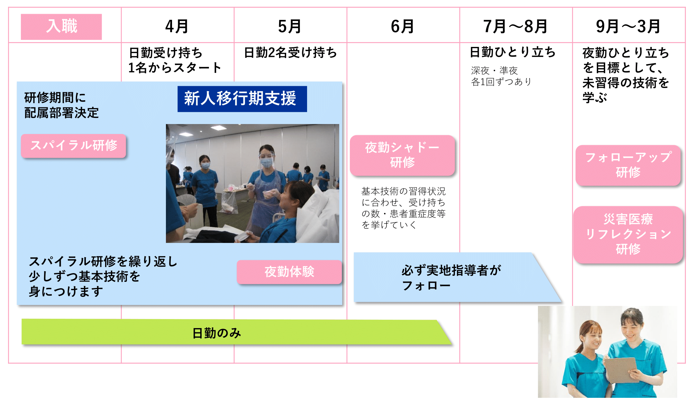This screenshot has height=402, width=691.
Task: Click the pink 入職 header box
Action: point(61,27)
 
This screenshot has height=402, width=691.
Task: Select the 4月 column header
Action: point(177,26)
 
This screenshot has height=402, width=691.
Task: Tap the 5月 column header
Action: point(290,26)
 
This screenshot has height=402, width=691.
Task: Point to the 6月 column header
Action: point(403,26)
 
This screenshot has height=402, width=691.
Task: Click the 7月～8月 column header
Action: point(515,26)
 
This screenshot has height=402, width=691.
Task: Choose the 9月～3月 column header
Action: point(628,26)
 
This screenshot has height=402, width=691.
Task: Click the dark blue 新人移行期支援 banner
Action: point(242,99)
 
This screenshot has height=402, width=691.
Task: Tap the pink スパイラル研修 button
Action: point(73,146)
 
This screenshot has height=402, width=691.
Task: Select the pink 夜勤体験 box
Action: point(289,272)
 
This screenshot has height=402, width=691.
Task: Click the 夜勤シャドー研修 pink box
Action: point(402,155)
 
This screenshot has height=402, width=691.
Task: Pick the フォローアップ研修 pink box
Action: point(628,165)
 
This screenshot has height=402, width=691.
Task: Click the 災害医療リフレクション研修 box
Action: point(628,235)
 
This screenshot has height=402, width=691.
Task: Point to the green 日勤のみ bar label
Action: point(217,333)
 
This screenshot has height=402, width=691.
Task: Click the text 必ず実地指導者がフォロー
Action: point(451,278)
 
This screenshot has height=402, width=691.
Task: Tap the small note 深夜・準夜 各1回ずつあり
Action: point(501,76)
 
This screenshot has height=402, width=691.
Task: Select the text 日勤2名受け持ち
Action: point(290,53)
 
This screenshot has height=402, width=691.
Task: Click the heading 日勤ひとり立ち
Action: point(513,52)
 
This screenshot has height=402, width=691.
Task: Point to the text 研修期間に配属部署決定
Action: point(61,105)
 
